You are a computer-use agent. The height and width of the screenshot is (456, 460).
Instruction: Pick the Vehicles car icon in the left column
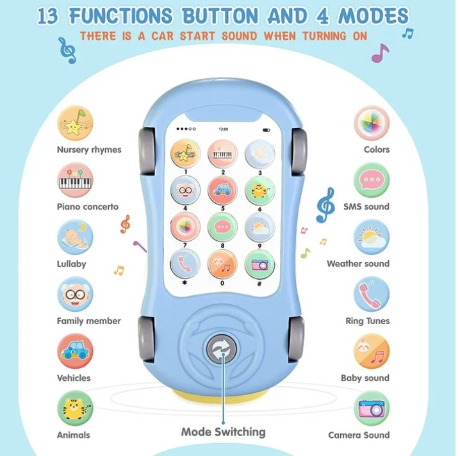coord(76,352)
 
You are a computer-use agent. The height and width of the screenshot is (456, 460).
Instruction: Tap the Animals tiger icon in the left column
coord(76,409)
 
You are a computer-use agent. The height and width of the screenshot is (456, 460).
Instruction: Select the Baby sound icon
coord(372,352)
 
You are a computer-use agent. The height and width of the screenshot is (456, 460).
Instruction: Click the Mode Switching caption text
coord(223,432)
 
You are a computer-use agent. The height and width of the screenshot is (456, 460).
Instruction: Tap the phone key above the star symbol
coord(185,263)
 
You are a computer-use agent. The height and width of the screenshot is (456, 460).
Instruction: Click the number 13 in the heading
coord(49,15)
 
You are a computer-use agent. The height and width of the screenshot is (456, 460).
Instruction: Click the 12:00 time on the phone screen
coord(223,129)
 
